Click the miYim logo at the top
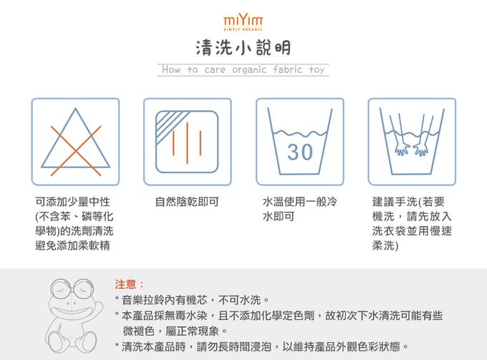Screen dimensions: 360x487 click(243, 19)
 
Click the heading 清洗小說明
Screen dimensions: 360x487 click(243, 47)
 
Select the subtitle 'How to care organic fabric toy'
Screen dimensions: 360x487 click(243, 70)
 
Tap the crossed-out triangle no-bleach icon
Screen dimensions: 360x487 click(75, 142)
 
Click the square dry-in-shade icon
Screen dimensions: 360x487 click(187, 142)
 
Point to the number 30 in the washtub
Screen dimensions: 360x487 click(300, 152)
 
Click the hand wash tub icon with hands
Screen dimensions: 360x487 click(412, 142)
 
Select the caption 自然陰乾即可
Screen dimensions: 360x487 click(187, 202)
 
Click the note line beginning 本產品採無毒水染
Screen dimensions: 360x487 click(279, 315)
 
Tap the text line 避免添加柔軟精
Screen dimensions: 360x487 click(72, 245)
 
